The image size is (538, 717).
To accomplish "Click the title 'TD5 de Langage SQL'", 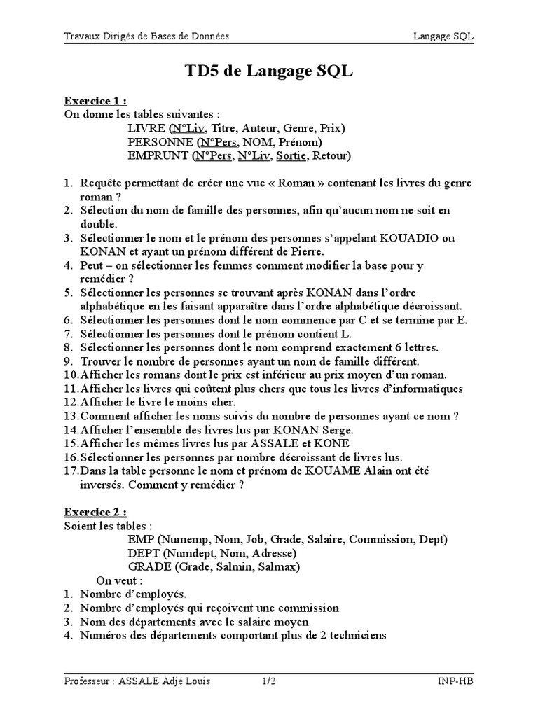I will (269, 71).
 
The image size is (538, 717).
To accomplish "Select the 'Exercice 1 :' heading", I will (96, 100).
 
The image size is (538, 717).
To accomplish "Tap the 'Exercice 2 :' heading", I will (96, 512).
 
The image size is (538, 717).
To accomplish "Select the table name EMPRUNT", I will (159, 155).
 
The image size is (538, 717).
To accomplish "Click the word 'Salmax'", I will (283, 566).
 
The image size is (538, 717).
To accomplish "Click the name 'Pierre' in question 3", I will (301, 252).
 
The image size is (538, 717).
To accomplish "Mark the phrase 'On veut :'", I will (120, 580).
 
